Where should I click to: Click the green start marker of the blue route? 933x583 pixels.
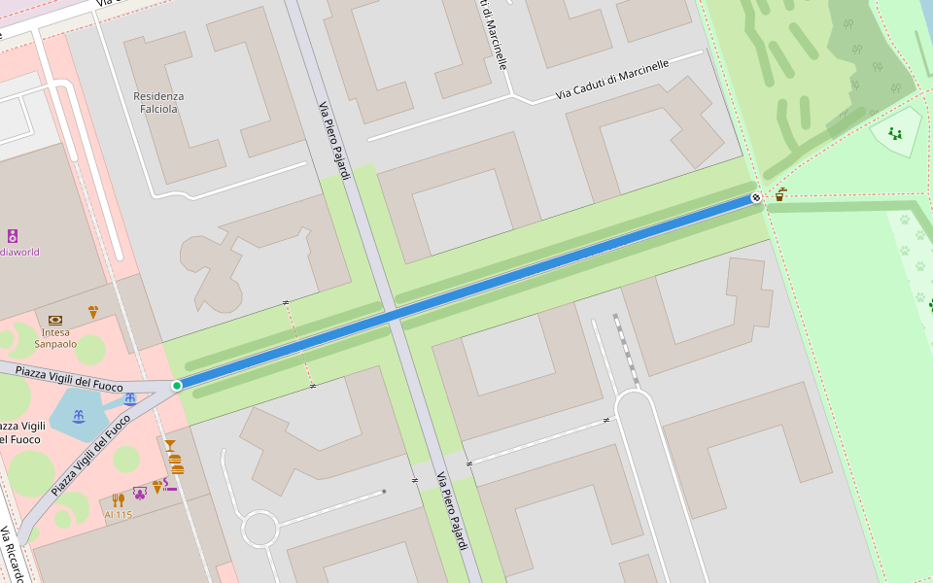coord(177,386)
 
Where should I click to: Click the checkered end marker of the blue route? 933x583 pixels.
coord(756,197)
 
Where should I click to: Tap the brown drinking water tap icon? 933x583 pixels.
coord(779,194)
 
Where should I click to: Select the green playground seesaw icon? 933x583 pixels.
coord(895,133)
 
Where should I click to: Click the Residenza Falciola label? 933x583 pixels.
coord(158,102)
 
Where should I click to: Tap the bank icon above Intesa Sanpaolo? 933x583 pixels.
coord(54,319)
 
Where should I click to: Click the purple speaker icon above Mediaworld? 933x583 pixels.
coord(13,235)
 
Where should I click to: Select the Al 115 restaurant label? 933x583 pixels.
coord(118,515)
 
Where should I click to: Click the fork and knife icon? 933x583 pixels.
coord(118,499)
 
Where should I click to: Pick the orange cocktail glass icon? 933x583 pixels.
coord(170,446)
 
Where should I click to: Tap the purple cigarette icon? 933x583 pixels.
coord(171,484)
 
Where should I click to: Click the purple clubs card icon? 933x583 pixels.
coord(140,493)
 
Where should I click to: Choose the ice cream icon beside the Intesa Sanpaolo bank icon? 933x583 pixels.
coord(93,312)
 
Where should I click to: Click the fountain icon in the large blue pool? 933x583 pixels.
coord(79,416)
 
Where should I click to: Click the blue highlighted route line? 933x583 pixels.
coord(466,291)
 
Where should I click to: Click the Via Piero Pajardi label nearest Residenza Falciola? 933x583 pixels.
coord(333,141)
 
